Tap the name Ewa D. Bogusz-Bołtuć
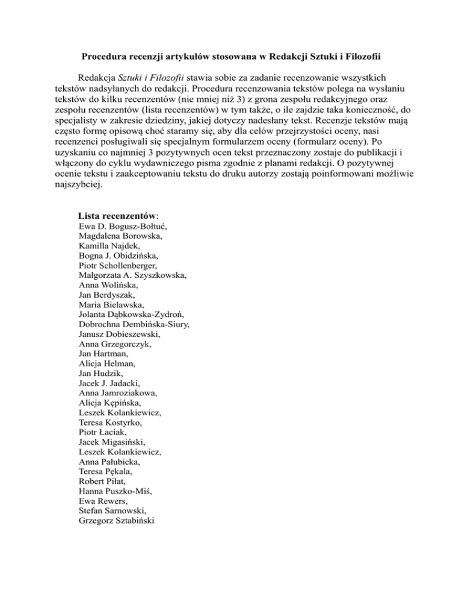pos(123,227)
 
